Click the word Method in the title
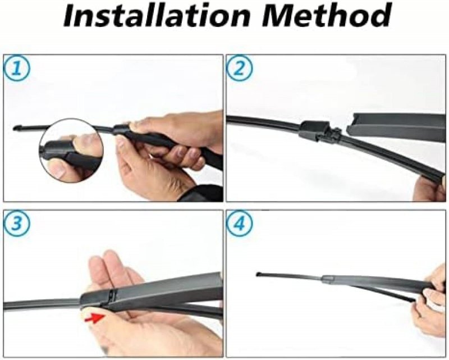point(327,15)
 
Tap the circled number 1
point(17,69)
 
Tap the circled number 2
point(240,69)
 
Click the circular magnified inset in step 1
point(71,149)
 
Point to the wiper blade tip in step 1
point(16,128)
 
